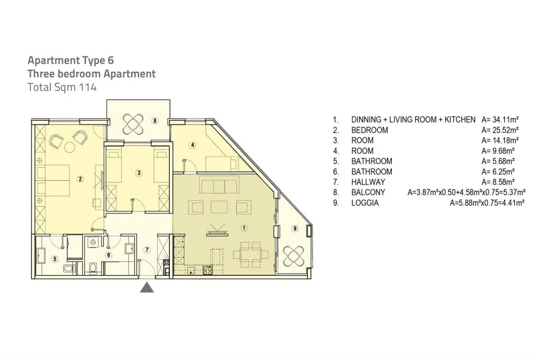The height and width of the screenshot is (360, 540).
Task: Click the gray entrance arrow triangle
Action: click(x=147, y=287)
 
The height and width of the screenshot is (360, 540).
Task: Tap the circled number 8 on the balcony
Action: click(x=156, y=121)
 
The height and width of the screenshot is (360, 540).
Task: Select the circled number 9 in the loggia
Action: click(x=295, y=228)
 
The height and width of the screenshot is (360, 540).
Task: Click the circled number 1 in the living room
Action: click(x=244, y=228)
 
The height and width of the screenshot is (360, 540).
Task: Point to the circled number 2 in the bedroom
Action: click(x=80, y=179)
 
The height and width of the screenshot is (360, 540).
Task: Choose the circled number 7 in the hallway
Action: click(x=147, y=250)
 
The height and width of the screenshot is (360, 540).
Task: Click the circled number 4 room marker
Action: click(x=192, y=145)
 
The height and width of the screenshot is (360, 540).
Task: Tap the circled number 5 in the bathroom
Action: click(x=55, y=259)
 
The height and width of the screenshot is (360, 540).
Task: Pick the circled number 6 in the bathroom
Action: click(x=109, y=255)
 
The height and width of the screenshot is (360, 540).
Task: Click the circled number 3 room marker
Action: click(x=139, y=173)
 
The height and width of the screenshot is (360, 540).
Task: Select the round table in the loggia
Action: click(x=294, y=256)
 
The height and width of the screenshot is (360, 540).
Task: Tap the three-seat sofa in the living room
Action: click(x=219, y=186)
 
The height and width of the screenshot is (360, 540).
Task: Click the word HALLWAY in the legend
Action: click(x=368, y=182)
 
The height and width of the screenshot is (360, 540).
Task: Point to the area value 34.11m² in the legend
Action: click(x=500, y=120)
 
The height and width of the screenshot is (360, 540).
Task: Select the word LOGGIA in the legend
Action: click(x=365, y=203)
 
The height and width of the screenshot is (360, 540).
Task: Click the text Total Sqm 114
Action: click(x=62, y=87)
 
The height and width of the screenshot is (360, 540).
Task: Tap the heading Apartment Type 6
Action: click(x=71, y=60)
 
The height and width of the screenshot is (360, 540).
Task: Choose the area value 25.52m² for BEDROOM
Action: click(x=500, y=130)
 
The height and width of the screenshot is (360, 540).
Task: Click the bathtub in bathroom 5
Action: click(x=41, y=255)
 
